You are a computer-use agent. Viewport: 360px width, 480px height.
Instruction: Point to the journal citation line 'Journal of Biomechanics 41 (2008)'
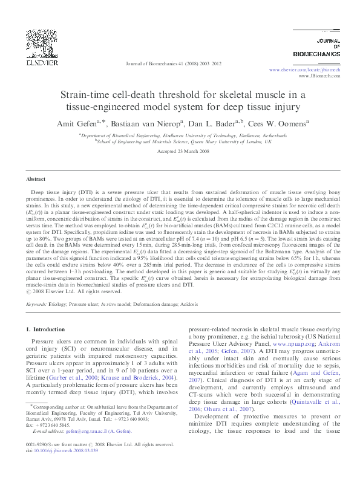(173, 63)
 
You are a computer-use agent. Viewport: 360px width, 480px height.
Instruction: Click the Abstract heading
(36, 180)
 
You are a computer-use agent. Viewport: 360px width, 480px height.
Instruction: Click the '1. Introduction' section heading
(48, 329)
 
